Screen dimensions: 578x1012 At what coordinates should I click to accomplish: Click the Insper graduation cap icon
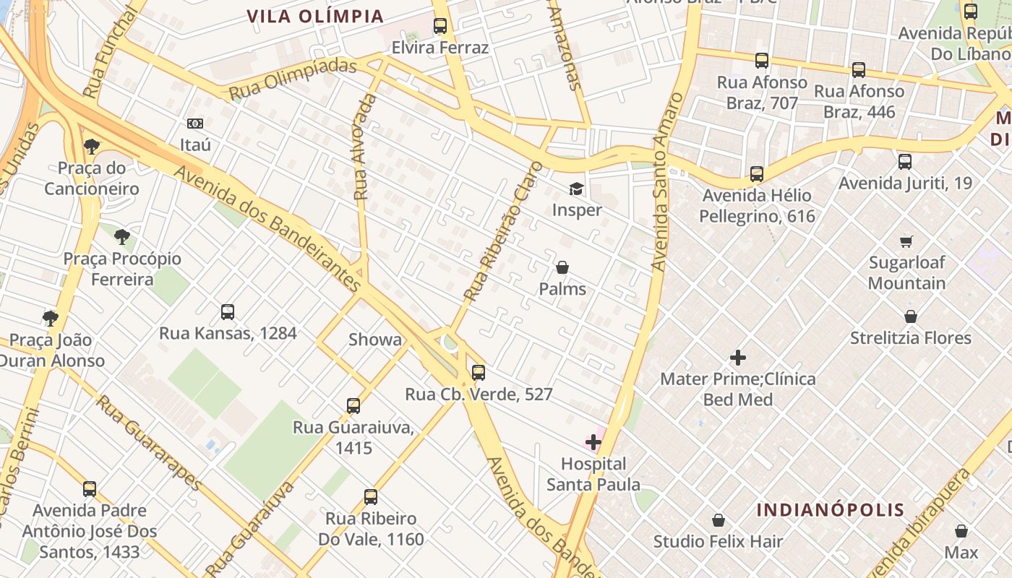point(575,189)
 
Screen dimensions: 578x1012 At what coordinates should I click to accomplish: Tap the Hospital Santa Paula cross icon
point(593,442)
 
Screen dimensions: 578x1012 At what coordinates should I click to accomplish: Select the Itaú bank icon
point(195,124)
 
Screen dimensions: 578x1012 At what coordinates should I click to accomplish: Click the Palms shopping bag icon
point(562,268)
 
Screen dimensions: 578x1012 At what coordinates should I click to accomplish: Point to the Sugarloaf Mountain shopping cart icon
point(906,241)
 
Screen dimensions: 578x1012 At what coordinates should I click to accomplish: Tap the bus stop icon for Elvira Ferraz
point(440,27)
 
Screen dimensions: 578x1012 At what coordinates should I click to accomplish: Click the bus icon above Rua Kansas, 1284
point(228,312)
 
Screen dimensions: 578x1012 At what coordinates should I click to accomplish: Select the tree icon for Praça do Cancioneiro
point(92,147)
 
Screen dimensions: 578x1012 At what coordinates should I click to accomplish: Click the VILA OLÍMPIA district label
point(315,16)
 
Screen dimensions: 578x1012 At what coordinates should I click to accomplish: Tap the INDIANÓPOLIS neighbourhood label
point(831,510)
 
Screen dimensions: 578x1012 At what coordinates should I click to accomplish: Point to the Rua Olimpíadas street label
point(293,79)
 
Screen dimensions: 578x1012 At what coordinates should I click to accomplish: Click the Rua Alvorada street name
point(364,147)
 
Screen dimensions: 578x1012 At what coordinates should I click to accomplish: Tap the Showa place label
point(375,340)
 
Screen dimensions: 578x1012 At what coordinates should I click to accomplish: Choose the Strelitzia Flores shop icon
point(911,317)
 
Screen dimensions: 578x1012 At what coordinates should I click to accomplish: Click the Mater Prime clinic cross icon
point(738,358)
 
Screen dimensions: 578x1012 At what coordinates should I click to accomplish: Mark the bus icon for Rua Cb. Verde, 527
point(479,373)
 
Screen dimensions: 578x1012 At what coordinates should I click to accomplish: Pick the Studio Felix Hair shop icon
point(719,520)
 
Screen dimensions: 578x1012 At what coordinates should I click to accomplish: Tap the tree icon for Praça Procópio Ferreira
point(122,237)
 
